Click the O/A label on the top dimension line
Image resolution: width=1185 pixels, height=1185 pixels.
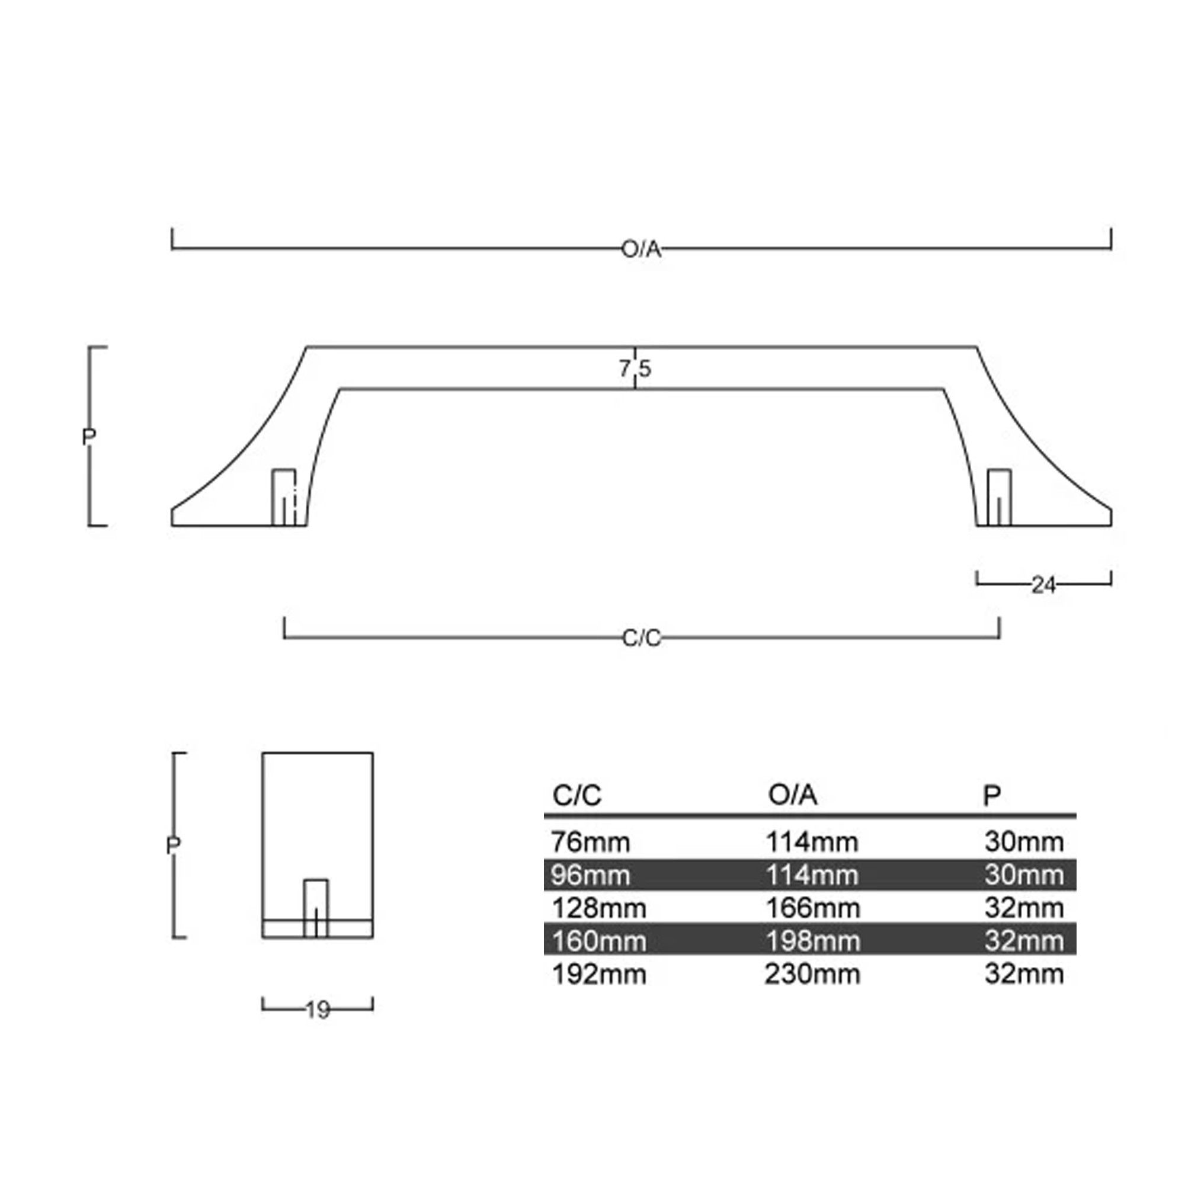(641, 249)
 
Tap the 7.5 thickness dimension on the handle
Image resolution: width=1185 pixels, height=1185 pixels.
(635, 369)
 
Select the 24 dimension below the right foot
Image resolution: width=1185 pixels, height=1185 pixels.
(1043, 585)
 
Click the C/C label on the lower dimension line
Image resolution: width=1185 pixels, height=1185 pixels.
(641, 639)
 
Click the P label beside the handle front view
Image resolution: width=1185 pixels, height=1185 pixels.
(89, 437)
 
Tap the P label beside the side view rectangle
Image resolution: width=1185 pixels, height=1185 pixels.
(173, 846)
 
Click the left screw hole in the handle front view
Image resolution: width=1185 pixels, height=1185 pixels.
(283, 498)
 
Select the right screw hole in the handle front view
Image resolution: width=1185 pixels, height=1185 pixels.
(999, 498)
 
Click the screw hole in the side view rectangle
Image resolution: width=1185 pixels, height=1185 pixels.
(316, 908)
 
